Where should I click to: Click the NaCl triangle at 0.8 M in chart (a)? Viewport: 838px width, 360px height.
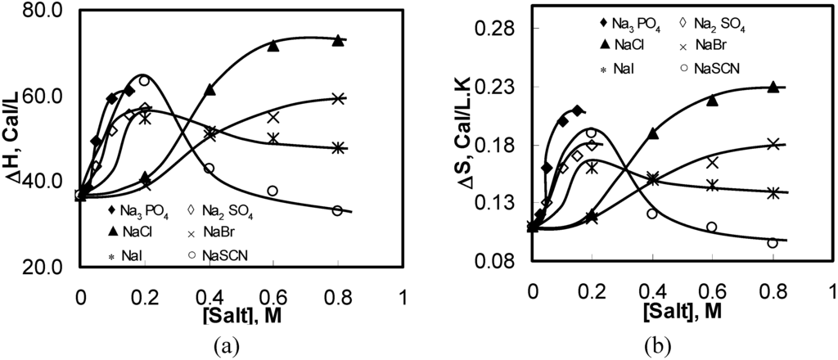[337, 40]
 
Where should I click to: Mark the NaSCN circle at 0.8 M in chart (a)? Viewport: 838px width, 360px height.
[337, 210]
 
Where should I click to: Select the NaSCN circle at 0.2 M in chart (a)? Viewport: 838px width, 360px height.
[144, 80]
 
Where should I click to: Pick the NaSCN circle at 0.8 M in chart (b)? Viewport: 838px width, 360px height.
[773, 243]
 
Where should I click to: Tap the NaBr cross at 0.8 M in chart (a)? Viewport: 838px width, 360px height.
[337, 98]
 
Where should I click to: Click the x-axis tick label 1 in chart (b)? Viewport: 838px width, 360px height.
[831, 291]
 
